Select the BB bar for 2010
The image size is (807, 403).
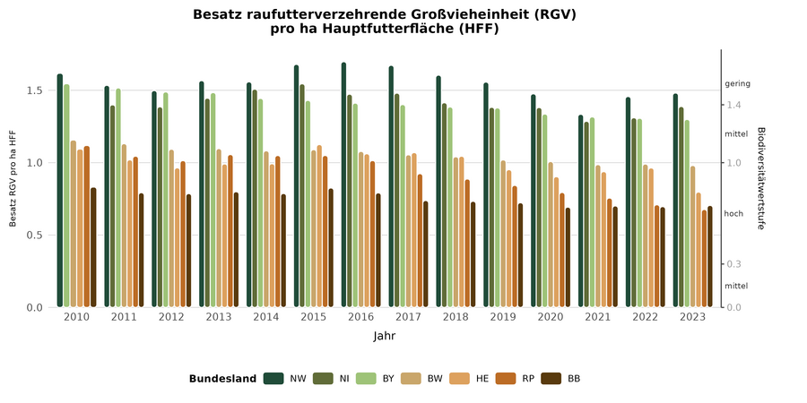click(93, 247)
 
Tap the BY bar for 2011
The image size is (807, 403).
click(118, 198)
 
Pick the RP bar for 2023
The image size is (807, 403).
click(704, 259)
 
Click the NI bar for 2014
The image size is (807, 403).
click(255, 199)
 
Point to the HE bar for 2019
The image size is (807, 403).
click(509, 239)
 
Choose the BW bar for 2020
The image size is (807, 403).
click(551, 235)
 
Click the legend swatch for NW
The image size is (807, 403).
click(273, 379)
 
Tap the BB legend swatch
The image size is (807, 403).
click(551, 379)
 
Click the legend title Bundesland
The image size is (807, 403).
click(222, 379)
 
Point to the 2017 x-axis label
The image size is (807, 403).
click(409, 317)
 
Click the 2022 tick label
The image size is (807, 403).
click(646, 317)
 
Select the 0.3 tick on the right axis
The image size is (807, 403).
click(733, 264)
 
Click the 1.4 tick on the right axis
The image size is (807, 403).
click(733, 105)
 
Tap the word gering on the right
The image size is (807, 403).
click(737, 84)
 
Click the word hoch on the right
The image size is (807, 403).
click(733, 214)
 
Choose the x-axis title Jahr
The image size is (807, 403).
click(385, 337)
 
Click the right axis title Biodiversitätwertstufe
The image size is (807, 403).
click(760, 177)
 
